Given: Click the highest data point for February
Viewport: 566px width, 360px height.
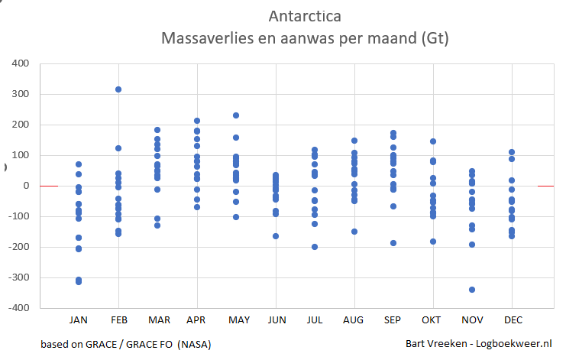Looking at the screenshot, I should click(x=118, y=89).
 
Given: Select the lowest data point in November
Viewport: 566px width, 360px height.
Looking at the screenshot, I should click(x=472, y=290).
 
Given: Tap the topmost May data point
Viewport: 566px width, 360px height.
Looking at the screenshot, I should click(x=236, y=115).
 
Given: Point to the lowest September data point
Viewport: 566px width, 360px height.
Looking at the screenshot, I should click(x=393, y=243).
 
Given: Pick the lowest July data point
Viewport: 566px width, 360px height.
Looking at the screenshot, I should click(x=315, y=247).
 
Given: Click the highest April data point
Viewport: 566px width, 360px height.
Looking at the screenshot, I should click(x=197, y=121).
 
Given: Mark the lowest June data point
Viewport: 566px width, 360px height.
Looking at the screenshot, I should click(x=276, y=236).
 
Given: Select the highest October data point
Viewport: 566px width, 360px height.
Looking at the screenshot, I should click(x=432, y=141).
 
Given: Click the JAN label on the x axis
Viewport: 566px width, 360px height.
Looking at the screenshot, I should click(x=79, y=319).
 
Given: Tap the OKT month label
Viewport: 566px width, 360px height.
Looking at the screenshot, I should click(x=432, y=319).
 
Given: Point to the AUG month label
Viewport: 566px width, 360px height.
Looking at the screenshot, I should click(x=354, y=319).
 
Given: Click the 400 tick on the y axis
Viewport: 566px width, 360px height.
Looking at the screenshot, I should click(x=21, y=63).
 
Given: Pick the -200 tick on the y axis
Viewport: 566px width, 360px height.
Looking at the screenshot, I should click(x=18, y=247).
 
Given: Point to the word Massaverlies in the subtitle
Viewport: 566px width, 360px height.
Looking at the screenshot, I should click(x=202, y=37).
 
